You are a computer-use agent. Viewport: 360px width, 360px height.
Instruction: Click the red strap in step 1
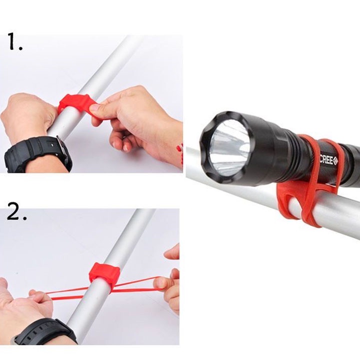[x=75, y=103]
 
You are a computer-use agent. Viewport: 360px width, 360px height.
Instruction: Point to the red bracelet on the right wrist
[x=180, y=154]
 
